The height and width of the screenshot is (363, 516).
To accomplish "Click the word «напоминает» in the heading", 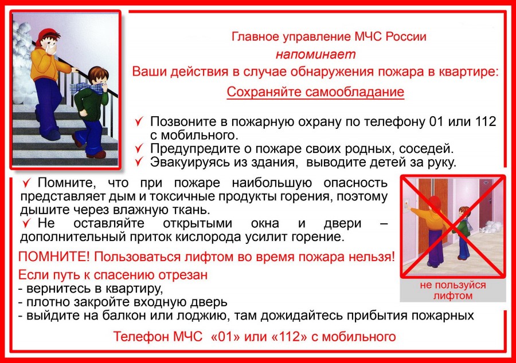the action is click(x=315, y=54).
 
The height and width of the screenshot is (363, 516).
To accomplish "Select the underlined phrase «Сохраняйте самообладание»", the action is click(x=315, y=92).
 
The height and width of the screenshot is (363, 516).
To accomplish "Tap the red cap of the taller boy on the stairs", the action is click(x=48, y=35).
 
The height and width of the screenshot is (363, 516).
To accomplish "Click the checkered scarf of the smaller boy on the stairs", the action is click(x=85, y=88).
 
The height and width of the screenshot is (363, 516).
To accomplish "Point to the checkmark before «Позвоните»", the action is click(x=139, y=121).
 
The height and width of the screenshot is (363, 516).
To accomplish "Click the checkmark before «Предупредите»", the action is click(x=139, y=148).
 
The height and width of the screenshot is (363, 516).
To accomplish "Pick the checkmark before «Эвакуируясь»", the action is click(x=139, y=161).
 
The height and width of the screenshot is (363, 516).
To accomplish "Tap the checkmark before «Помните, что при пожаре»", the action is click(x=26, y=183).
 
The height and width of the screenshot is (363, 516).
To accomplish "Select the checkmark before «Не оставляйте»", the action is click(x=26, y=223).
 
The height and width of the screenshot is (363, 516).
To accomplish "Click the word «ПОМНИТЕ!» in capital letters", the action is click(x=54, y=257).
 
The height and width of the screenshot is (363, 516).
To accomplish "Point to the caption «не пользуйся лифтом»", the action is click(x=453, y=290).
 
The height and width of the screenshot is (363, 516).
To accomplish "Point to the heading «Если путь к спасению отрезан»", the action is click(x=113, y=275).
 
